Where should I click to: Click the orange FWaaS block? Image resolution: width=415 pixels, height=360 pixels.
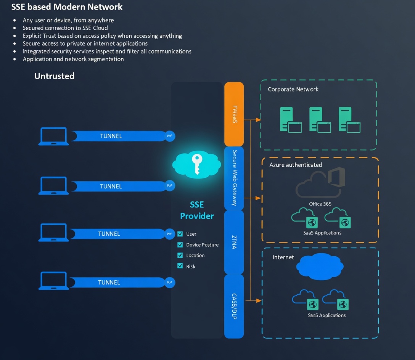tap(234, 114)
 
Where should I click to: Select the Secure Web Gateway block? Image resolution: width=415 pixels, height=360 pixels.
tap(234, 178)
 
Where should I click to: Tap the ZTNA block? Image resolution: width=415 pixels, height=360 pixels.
tap(234, 242)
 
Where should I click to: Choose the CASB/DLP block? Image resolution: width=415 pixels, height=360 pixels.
tap(234, 306)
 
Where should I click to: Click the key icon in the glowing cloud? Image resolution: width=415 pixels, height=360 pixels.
tap(197, 164)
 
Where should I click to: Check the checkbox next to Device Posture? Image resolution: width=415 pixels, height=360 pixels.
tap(180, 244)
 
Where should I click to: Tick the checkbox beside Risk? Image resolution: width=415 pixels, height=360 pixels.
tap(180, 266)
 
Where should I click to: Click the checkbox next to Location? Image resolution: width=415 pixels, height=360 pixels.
tap(180, 255)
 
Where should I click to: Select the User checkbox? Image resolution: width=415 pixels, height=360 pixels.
tap(180, 234)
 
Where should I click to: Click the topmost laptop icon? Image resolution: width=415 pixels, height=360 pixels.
tap(53, 136)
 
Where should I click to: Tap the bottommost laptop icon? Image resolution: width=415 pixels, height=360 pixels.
tap(53, 281)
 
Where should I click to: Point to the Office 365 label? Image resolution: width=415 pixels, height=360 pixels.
tap(320, 204)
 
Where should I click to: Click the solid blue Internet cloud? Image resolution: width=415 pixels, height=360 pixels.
tap(320, 266)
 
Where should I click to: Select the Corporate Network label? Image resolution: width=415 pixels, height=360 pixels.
tap(293, 89)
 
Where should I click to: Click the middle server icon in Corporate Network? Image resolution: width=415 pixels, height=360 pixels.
tap(320, 120)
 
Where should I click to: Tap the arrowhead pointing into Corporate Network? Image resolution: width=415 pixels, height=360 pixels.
tap(258, 120)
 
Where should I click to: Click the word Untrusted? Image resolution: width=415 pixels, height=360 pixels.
tap(54, 76)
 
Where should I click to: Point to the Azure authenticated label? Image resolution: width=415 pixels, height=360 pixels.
tap(296, 165)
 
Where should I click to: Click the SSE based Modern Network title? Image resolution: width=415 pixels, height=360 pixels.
tap(67, 7)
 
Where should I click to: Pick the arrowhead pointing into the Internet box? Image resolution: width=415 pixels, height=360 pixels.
tap(259, 301)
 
